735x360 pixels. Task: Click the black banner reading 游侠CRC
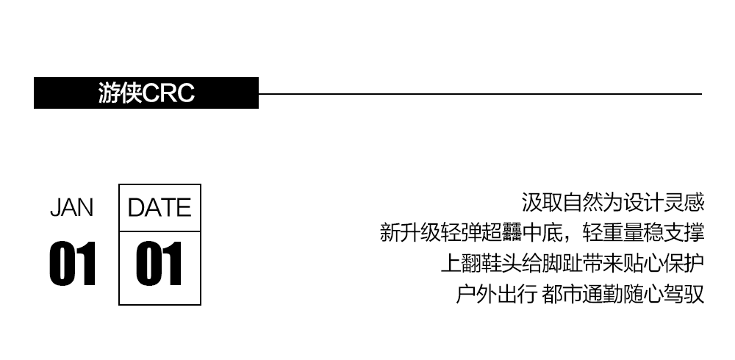point(146,93)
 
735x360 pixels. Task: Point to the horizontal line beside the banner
point(478,93)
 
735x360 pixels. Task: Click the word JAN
point(71,209)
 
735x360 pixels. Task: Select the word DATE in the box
point(159,208)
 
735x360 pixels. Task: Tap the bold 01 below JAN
point(73,264)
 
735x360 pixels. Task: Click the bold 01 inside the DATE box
point(159,264)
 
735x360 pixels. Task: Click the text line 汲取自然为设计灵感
point(612,202)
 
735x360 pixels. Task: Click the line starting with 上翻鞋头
point(572,264)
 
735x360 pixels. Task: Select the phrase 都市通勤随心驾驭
point(623,295)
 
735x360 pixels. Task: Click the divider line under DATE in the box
point(159,231)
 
